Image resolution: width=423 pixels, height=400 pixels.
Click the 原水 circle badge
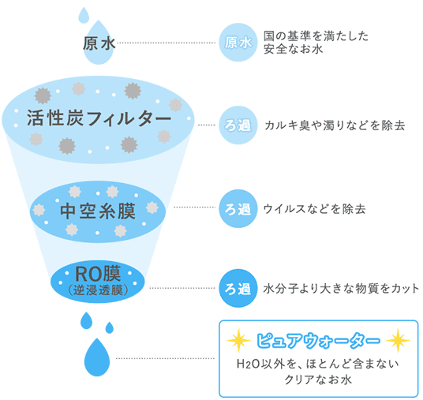(x=238, y=43)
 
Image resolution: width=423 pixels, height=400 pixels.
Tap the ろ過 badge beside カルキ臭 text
(x=238, y=125)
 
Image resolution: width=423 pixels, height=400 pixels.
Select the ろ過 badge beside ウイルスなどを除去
(x=238, y=208)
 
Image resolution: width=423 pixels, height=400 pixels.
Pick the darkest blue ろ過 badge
(x=238, y=288)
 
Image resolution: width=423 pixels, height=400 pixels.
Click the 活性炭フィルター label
(x=99, y=118)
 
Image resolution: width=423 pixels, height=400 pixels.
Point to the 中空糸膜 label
(x=98, y=211)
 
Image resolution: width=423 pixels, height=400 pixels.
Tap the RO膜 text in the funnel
(x=98, y=274)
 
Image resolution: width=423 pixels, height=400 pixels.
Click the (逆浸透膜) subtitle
(x=98, y=290)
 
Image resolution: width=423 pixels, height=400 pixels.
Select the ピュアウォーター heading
(x=318, y=340)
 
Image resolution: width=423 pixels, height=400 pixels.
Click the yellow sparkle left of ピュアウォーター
(x=239, y=340)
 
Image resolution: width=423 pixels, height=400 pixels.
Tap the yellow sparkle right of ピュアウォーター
(x=399, y=340)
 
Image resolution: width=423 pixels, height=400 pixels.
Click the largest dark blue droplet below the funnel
(x=97, y=357)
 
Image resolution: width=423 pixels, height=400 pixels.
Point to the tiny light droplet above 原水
(x=84, y=15)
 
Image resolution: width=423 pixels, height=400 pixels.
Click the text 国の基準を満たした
(x=316, y=36)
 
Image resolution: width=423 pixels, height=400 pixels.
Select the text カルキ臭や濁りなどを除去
(x=335, y=125)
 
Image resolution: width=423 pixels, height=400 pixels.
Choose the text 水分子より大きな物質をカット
(x=341, y=288)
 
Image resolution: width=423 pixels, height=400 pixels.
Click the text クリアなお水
(x=318, y=379)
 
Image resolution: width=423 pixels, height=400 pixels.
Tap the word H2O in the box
(x=244, y=364)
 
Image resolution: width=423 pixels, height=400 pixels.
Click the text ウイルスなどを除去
(x=314, y=209)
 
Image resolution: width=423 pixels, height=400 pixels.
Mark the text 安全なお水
(x=293, y=49)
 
